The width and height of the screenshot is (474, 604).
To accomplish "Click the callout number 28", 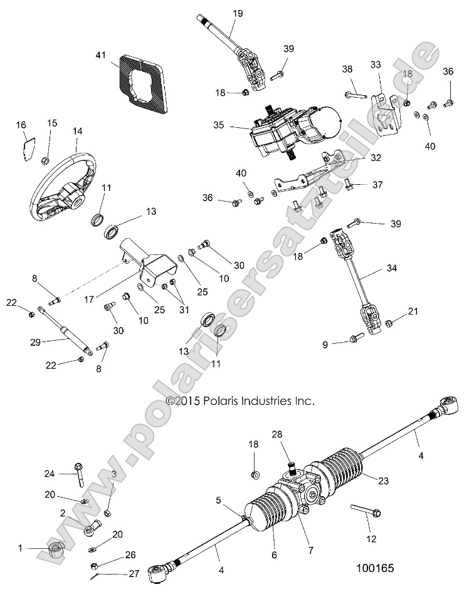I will (276, 434).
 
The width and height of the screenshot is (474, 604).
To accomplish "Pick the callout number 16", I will (21, 125).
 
